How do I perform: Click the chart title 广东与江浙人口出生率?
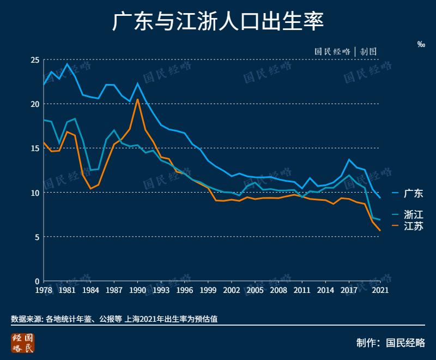point(218,23)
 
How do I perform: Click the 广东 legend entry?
point(413,193)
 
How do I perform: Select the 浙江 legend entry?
point(413,214)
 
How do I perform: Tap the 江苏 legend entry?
point(413,226)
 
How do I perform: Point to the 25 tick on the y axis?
point(35,59)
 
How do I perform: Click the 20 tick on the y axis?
point(35,104)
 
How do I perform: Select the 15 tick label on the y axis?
point(35,148)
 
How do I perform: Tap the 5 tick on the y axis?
point(37,237)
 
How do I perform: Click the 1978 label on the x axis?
point(44,290)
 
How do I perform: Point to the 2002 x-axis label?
point(232,290)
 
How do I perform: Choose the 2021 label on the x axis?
point(380,290)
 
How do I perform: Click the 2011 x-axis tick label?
point(302,290)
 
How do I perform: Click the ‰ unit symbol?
point(421,44)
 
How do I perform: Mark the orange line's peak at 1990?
point(137,99)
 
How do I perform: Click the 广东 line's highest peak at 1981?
point(67,64)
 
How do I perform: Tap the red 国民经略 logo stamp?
point(22,343)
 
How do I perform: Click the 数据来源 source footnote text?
point(114,319)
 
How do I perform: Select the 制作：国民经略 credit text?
point(390,343)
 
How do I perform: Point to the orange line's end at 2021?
point(380,231)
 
